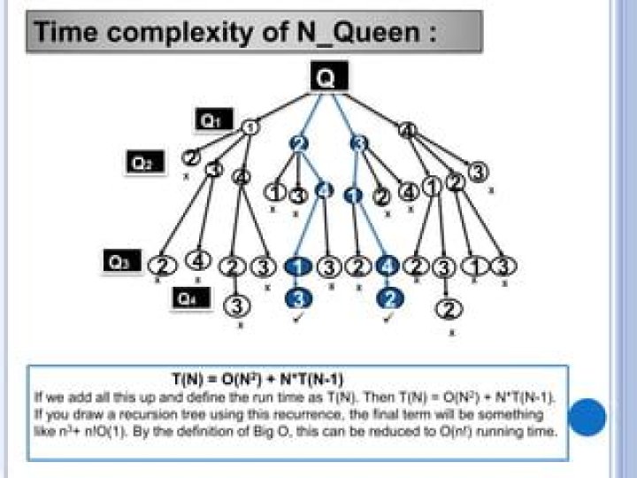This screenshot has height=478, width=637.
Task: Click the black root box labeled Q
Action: [x=326, y=78]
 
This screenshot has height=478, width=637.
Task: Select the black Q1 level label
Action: [x=213, y=120]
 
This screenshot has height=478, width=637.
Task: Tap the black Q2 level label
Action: [x=142, y=163]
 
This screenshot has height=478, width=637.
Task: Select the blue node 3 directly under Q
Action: [x=358, y=143]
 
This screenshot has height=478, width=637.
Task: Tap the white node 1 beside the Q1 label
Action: [x=250, y=127]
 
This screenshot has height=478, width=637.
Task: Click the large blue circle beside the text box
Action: [x=587, y=417]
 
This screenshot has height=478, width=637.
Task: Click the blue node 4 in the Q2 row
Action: [x=325, y=190]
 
